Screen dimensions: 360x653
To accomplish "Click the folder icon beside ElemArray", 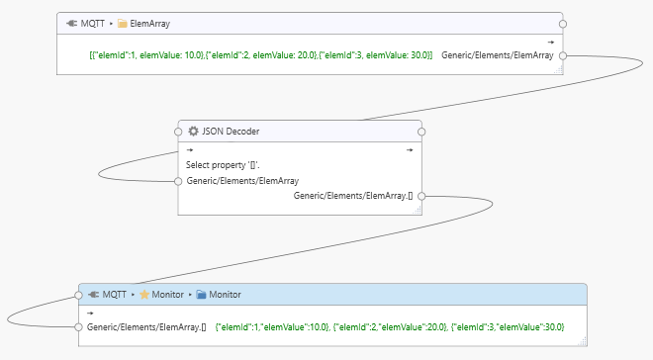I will [x=123, y=23].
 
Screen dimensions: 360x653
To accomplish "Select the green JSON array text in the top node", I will [x=260, y=55].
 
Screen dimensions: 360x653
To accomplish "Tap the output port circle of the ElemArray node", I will [x=563, y=55].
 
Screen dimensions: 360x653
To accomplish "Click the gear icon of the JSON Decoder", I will [x=193, y=131].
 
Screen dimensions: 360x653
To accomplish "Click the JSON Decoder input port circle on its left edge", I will [x=178, y=181].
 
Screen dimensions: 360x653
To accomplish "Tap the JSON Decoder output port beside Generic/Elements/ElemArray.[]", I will [x=421, y=196].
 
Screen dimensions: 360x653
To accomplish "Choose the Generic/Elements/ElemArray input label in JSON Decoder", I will [x=242, y=181].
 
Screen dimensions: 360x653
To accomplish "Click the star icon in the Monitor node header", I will [x=144, y=295].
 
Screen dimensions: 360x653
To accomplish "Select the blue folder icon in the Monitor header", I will [x=201, y=295].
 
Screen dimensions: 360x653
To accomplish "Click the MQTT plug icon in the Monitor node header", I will [x=93, y=295].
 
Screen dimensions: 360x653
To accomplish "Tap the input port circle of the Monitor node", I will [x=79, y=326].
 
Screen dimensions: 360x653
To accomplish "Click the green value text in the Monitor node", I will [x=389, y=326].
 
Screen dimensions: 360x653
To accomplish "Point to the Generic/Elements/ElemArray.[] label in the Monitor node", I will [x=145, y=326].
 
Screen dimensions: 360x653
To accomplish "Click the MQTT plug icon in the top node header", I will [x=72, y=23].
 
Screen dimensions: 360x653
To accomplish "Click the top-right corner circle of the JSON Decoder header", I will [x=421, y=131].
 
